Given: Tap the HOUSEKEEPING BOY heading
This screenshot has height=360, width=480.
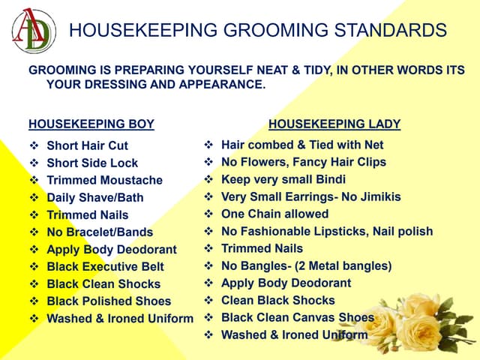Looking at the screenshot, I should [x=91, y=124].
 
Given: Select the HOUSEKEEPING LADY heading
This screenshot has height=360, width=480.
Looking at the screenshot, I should [x=334, y=124].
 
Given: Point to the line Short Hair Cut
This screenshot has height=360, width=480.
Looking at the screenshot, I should [x=87, y=145].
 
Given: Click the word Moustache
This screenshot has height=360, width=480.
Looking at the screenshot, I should [x=135, y=180].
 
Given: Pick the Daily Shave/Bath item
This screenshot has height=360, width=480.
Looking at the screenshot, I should [x=94, y=197].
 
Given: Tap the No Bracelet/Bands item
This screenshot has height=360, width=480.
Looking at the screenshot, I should [x=100, y=232].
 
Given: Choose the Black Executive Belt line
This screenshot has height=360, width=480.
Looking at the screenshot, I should [x=105, y=266].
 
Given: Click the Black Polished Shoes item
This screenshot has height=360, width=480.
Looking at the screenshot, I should [x=109, y=301].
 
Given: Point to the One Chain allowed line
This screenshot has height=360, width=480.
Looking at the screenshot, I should [x=274, y=214].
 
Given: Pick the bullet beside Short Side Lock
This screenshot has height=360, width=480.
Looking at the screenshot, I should [x=34, y=163].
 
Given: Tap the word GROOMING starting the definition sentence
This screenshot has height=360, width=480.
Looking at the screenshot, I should [x=61, y=70].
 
